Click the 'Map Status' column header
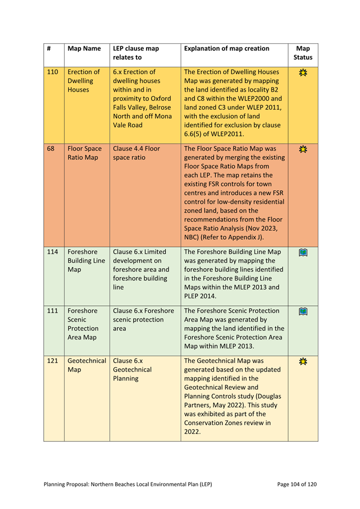[303, 53]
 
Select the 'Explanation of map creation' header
[226, 49]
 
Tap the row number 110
[52, 72]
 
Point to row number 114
[52, 252]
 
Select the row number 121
[52, 360]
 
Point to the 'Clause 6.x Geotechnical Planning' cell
[134, 370]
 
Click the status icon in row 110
[303, 72]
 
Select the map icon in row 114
[303, 252]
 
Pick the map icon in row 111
[303, 312]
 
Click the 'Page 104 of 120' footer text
[297, 484]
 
